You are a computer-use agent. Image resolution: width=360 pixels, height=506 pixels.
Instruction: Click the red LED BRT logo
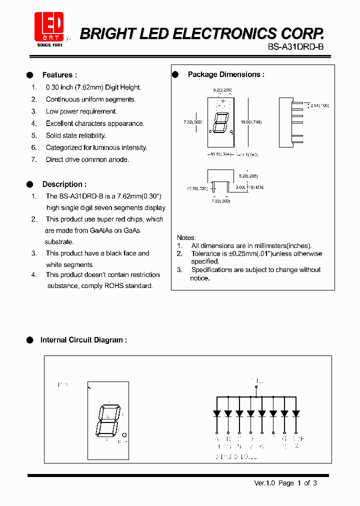[x=48, y=26]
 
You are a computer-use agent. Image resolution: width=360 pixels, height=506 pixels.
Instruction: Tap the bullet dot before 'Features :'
[x=29, y=75]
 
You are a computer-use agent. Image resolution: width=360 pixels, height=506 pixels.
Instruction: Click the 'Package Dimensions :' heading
[x=226, y=74]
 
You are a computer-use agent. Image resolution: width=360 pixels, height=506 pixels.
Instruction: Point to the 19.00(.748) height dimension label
[x=251, y=122]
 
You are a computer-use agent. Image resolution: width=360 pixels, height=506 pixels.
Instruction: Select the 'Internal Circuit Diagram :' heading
[x=83, y=340]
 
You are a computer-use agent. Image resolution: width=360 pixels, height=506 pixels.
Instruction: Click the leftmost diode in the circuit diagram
[x=217, y=413]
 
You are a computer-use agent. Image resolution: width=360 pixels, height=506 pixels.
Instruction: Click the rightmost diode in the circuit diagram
[x=296, y=413]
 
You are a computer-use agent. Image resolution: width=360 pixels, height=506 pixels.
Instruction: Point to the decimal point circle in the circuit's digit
[x=124, y=434]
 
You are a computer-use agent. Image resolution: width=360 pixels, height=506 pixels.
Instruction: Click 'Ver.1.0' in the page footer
[x=265, y=483]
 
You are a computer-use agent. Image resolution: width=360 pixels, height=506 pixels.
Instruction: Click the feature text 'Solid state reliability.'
[x=76, y=135]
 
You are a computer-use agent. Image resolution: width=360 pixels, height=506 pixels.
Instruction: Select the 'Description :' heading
[x=64, y=184]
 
